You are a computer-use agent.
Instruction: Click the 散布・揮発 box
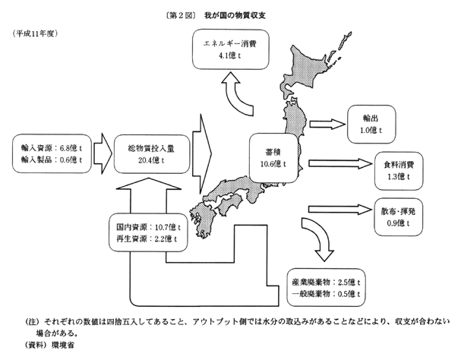399,216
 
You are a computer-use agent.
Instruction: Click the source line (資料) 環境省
46,344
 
